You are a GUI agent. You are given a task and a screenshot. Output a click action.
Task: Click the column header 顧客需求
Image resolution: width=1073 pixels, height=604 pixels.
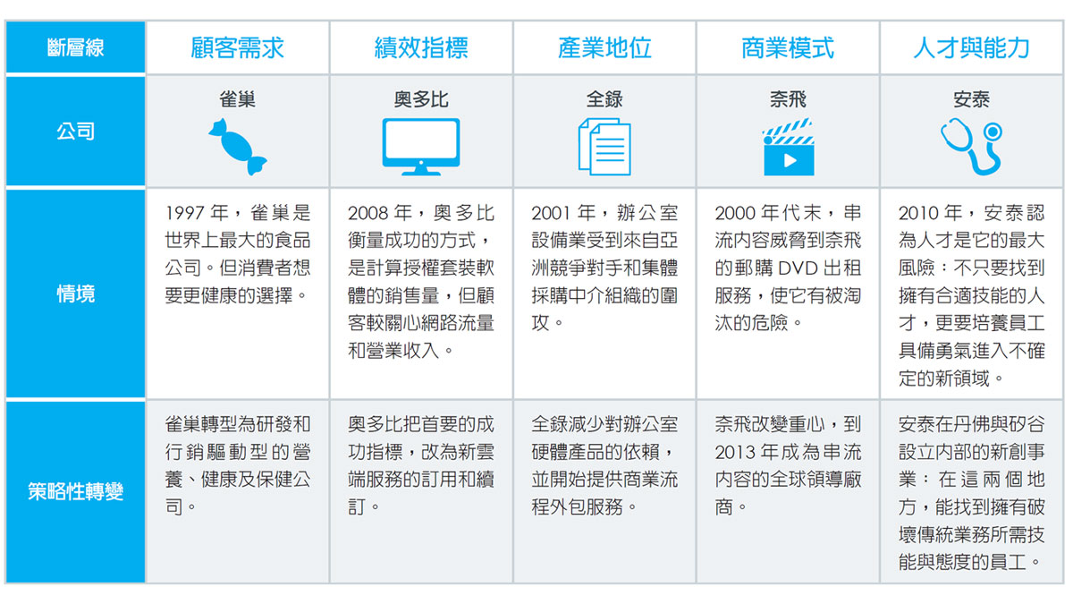click(237, 48)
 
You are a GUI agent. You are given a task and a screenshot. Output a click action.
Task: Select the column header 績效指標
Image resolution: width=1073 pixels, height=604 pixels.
click(421, 48)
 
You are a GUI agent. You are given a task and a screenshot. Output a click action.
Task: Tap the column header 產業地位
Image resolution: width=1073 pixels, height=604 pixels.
click(604, 48)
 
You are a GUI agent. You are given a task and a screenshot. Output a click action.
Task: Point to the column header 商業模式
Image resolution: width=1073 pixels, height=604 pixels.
click(788, 48)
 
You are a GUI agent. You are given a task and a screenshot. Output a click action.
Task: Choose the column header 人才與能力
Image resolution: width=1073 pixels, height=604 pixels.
click(971, 48)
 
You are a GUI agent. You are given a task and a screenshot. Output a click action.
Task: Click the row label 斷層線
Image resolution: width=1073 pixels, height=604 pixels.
click(76, 48)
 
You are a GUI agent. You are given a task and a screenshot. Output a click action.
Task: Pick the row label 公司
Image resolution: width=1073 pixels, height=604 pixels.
click(76, 132)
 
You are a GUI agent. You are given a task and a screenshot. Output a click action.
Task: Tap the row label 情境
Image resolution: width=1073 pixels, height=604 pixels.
click(76, 293)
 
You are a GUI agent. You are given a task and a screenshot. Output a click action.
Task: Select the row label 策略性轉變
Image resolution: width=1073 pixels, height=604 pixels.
click(76, 492)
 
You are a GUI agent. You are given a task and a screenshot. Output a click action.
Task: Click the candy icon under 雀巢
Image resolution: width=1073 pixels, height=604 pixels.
click(238, 147)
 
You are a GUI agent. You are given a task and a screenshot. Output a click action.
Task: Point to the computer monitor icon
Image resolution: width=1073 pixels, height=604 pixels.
click(421, 147)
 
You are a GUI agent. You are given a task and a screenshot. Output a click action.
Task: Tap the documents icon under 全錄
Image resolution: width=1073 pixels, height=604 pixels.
click(604, 147)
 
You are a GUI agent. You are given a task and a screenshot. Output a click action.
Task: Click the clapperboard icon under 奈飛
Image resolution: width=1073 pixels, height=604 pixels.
click(789, 147)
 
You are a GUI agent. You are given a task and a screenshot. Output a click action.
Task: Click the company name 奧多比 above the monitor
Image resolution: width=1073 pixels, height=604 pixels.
click(421, 99)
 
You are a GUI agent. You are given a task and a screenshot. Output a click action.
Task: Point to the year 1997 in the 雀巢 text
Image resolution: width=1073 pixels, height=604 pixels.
click(185, 213)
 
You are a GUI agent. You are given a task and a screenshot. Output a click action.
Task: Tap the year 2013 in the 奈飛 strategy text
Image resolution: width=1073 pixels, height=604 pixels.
click(734, 452)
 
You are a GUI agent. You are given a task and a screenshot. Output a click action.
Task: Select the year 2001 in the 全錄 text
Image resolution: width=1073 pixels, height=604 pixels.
click(552, 213)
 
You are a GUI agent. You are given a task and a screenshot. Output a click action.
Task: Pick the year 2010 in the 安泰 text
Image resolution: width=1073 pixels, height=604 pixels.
click(918, 213)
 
